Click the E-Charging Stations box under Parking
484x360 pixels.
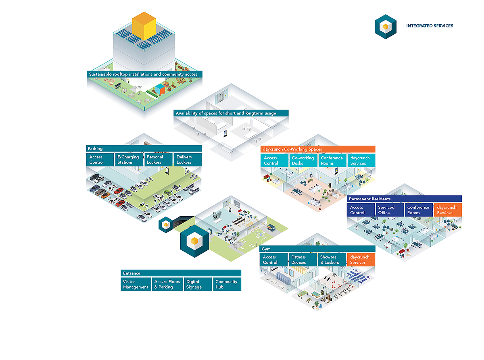pyautogui.click(x=129, y=160)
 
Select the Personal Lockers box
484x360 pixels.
pyautogui.click(x=159, y=160)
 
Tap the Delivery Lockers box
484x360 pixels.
pyautogui.click(x=188, y=160)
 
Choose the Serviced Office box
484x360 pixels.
pyautogui.click(x=390, y=210)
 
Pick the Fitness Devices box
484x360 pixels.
pyautogui.click(x=302, y=260)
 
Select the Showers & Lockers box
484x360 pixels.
pyautogui.click(x=332, y=260)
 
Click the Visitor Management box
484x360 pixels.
pyautogui.click(x=136, y=284)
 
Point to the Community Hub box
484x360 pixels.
pyautogui.click(x=227, y=284)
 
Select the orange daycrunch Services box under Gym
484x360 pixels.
pyautogui.click(x=361, y=260)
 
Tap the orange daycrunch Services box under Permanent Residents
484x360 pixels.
pyautogui.click(x=448, y=210)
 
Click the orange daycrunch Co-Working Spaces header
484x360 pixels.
pyautogui.click(x=318, y=149)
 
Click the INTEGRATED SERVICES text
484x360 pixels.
pyautogui.click(x=430, y=26)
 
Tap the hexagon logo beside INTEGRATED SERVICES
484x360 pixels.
pyautogui.click(x=386, y=27)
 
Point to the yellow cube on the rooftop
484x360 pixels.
pyautogui.click(x=144, y=26)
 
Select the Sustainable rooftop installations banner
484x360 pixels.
pyautogui.click(x=144, y=74)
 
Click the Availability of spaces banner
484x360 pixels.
pyautogui.click(x=231, y=113)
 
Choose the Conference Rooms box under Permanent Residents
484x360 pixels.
pyautogui.click(x=419, y=210)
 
